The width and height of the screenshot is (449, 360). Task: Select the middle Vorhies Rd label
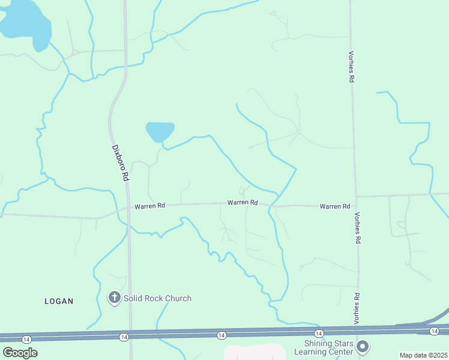pos(357,230)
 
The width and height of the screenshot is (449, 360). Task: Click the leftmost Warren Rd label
pos(149,206)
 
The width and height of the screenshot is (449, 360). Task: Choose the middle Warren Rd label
pos(243,203)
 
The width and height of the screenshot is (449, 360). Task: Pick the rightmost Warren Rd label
pos(335,206)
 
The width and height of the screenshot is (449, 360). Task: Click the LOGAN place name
pos(59,301)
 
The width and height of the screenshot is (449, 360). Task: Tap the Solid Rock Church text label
pos(158,298)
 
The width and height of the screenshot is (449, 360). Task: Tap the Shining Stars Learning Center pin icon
pos(363,346)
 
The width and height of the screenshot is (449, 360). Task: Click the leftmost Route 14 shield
pos(26,340)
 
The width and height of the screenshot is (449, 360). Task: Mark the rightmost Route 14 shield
pos(435,331)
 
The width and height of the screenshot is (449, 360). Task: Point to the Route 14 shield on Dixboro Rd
pos(124,337)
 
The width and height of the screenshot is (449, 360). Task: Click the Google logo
pos(20,352)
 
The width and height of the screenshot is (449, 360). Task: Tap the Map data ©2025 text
pos(423,355)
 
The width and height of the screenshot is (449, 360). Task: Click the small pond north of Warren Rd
pos(160,131)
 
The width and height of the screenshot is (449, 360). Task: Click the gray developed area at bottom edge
pos(255,352)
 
